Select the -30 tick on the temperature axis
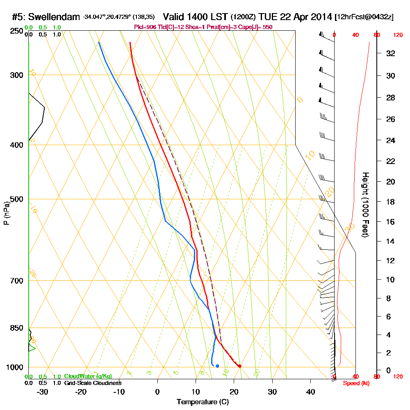coord(43,392)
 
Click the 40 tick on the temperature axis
coord(310,392)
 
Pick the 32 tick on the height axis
coord(391,53)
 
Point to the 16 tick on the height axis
coord(391,222)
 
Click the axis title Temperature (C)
coord(203,402)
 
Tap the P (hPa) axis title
coord(6,213)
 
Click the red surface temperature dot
coord(239,366)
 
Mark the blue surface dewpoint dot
coord(217,366)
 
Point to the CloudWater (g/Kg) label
coord(88,376)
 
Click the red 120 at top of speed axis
coord(397,35)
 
